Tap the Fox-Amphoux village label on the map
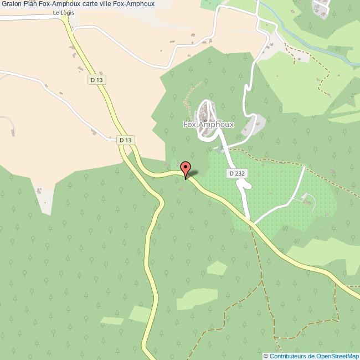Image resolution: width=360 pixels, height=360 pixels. [209, 125]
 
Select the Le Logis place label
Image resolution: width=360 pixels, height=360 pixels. [64, 13]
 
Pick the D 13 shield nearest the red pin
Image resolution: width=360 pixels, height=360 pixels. [126, 140]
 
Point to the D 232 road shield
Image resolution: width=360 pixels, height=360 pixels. [236, 173]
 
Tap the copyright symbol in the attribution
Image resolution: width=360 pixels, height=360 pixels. [266, 356]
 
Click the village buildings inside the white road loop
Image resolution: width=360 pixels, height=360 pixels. [205, 114]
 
